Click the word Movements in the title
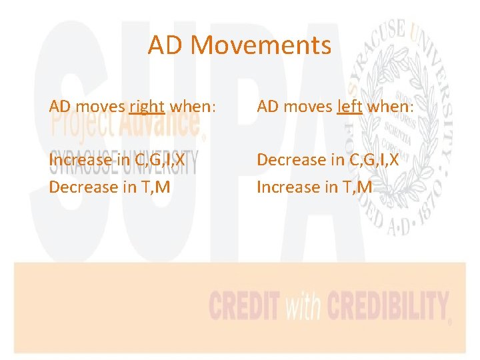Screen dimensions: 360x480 [261, 46]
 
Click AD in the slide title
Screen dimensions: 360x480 [166, 46]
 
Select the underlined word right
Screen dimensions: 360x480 [147, 106]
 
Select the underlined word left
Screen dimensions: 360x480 [349, 106]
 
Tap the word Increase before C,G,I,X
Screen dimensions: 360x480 [81, 160]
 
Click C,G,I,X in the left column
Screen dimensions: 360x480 [157, 160]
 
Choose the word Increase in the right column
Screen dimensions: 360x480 [289, 187]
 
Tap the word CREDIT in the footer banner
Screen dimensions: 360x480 [243, 307]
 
